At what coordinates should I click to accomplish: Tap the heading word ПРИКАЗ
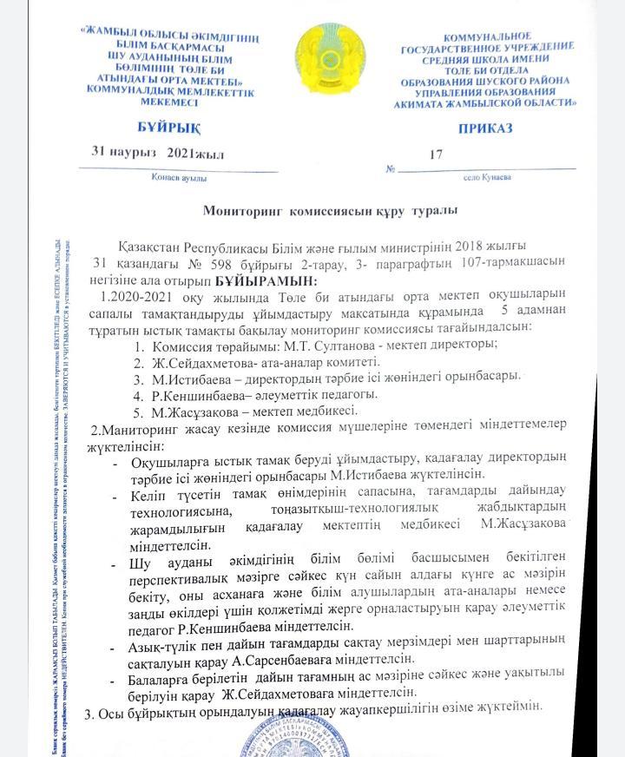[485, 128]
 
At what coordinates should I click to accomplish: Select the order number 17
[436, 155]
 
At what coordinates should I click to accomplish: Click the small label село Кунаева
[488, 177]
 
